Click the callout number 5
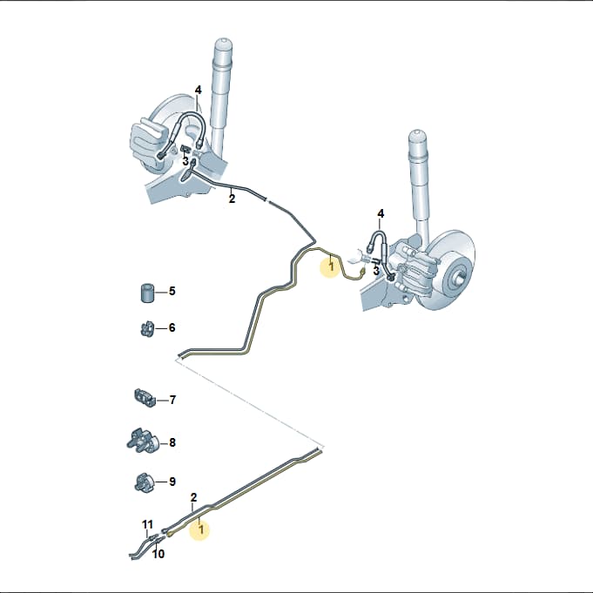pos(172,291)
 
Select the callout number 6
pos(172,327)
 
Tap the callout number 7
pos(172,400)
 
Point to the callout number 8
pos(172,442)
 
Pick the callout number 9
pos(172,482)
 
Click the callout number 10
pos(158,554)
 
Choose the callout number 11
pos(147,524)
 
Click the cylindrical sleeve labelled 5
pos(147,293)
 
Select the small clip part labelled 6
pos(147,329)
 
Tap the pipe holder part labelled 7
pos(145,398)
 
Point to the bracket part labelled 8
pos(142,441)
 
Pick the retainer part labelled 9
pos(144,482)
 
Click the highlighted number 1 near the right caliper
pos(332,267)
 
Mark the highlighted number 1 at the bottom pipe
pos(201,529)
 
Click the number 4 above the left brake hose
pos(199,90)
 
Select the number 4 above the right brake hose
pos(381,214)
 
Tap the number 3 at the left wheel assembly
pos(185,161)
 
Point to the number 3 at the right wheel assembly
pos(376,271)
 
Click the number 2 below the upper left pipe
pos(232,199)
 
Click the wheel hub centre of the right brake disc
pos(457,280)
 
